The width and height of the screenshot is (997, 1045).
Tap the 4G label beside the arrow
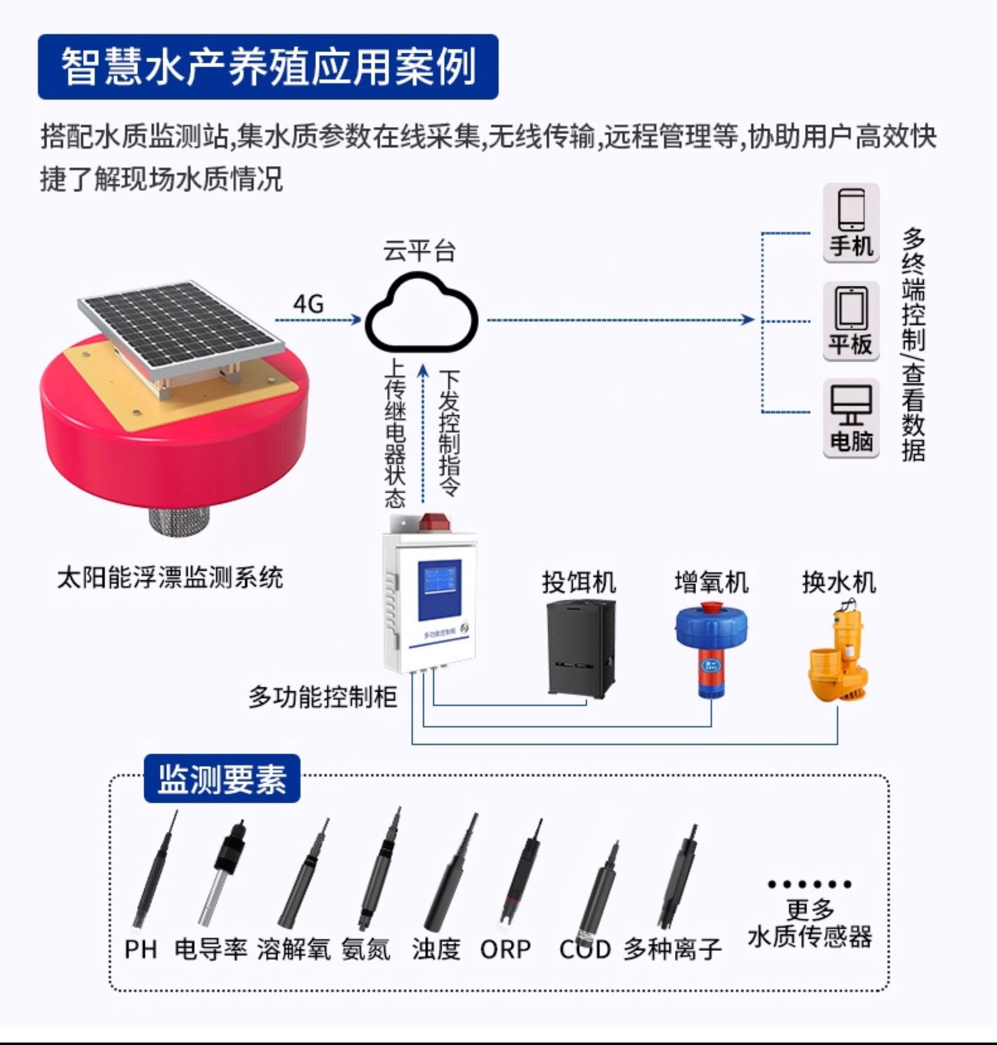(308, 304)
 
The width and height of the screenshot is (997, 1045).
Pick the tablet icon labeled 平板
(851, 308)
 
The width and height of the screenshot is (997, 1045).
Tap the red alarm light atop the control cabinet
(434, 521)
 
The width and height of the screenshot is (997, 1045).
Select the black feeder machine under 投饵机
(580, 648)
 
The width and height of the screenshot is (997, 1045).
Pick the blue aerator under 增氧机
(711, 648)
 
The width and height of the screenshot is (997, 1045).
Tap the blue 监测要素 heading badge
(222, 778)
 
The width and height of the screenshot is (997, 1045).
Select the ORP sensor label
(505, 950)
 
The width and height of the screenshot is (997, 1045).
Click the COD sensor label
(585, 950)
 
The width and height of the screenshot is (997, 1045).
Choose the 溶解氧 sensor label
(293, 950)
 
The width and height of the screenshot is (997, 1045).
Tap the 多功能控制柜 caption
(323, 697)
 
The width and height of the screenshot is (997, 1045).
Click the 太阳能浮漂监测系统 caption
(170, 577)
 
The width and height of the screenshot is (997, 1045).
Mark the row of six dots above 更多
(810, 884)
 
